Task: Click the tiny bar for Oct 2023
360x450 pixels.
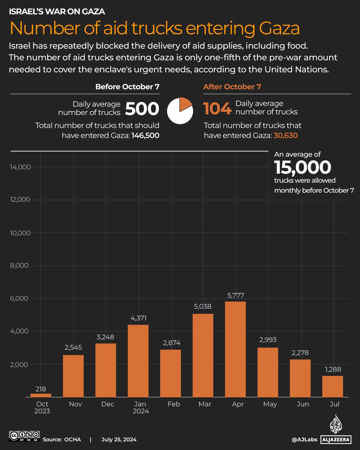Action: coord(41,395)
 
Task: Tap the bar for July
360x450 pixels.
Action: coord(332,387)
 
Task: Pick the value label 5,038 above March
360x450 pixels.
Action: coord(202,306)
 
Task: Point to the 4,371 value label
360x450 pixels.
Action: coord(139,318)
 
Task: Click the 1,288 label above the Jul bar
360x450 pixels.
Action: coord(333,369)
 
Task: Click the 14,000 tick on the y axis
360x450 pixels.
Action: coord(20,167)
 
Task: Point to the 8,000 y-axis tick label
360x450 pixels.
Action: coord(19,265)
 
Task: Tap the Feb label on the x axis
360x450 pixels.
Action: coord(174,404)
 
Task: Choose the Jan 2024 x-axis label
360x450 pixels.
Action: coord(141,407)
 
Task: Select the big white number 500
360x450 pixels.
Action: coord(142,109)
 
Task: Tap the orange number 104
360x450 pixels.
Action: coord(217,109)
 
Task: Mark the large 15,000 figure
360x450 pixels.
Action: coord(303,167)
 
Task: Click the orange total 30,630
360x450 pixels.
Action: coord(286,135)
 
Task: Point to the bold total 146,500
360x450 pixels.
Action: coord(145,135)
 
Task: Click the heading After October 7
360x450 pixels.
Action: coord(232,87)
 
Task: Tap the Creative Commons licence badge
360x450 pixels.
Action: coord(24,436)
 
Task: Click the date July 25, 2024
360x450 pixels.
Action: coord(119,439)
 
